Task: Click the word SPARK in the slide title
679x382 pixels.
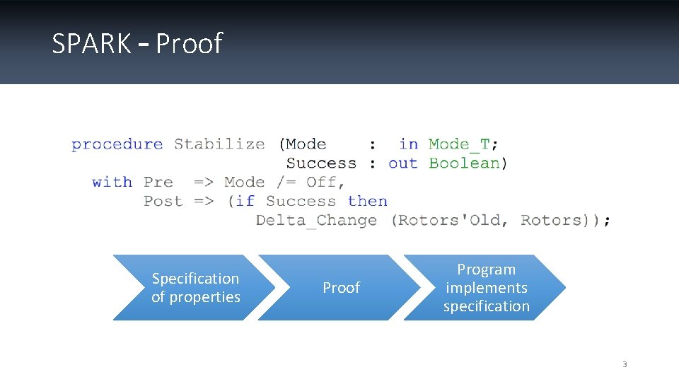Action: pos(91,44)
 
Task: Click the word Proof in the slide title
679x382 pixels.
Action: pos(189,44)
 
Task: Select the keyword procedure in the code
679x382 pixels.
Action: pos(117,144)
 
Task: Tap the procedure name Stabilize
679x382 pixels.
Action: pos(219,144)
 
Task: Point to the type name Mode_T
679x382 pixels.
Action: pos(459,144)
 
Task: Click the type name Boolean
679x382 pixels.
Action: pos(465,163)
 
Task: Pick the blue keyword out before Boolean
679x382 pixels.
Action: pos(403,163)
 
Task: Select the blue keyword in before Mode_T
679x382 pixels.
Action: pos(408,144)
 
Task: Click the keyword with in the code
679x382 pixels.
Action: pos(112,183)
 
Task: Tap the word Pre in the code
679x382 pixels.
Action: pos(158,183)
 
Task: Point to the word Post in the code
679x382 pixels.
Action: pos(163,202)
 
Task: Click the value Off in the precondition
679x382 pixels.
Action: pos(321,183)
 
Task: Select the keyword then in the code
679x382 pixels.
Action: pos(368,202)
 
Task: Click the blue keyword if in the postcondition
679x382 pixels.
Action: pos(245,202)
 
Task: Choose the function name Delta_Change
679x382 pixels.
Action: pos(316,221)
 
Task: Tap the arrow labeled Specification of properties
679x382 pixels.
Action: pos(195,288)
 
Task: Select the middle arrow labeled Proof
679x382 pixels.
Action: pos(341,288)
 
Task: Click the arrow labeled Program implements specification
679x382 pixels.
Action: pos(486,288)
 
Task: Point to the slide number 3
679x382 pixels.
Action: pos(625,365)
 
